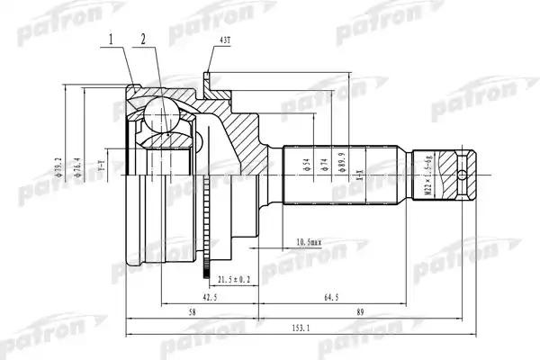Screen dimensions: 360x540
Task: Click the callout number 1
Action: [x=112, y=40]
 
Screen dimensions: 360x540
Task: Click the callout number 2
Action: [x=143, y=40]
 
